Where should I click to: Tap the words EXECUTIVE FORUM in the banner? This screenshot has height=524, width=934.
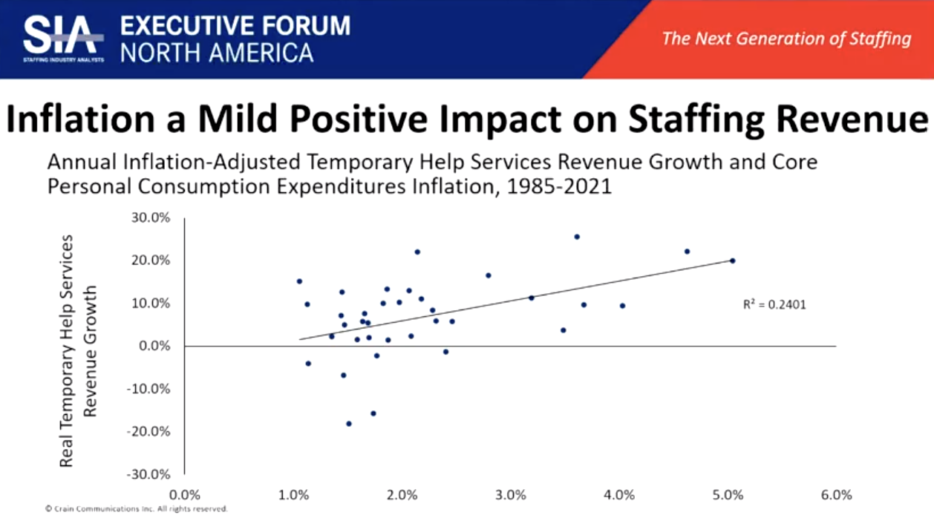tap(235, 25)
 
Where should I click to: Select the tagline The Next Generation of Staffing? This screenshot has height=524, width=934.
tap(786, 39)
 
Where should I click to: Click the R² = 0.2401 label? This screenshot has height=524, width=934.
tap(774, 304)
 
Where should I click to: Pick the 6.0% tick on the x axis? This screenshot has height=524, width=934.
tap(836, 495)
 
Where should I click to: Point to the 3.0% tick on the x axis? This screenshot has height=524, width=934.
tap(510, 495)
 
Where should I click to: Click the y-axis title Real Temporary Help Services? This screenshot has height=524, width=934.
tap(67, 350)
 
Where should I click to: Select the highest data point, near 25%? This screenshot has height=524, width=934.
tap(577, 237)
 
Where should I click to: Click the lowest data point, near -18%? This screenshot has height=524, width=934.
tap(349, 424)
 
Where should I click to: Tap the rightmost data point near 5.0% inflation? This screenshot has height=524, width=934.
tap(732, 261)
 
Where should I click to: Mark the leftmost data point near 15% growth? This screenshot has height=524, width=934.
tap(299, 281)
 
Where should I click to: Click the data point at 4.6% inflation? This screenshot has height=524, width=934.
tap(687, 252)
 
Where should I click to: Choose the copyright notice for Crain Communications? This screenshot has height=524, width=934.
tap(136, 509)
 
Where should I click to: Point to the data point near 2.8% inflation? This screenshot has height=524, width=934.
tap(489, 275)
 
